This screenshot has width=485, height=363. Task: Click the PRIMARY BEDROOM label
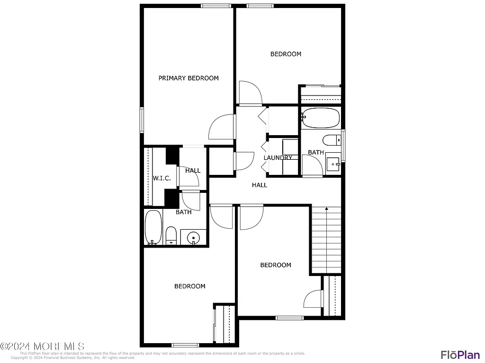(x=189, y=78)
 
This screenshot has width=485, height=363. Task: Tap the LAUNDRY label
(x=278, y=158)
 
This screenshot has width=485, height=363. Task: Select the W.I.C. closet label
(x=162, y=178)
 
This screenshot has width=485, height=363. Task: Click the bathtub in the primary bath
(x=153, y=227)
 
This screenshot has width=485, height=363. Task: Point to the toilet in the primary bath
(x=171, y=235)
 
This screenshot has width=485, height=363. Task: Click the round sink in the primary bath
(x=194, y=237)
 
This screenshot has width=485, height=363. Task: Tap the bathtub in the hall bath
(x=321, y=118)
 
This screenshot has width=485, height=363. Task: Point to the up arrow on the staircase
(x=326, y=208)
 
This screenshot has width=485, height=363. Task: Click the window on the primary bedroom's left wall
(x=142, y=120)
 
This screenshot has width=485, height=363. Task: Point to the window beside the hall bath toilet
(x=343, y=145)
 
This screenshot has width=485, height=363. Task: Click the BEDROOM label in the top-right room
(x=286, y=54)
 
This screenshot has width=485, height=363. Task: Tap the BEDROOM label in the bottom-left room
(x=189, y=286)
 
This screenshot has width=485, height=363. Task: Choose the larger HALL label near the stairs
(x=260, y=185)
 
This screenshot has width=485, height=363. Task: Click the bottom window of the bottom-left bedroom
(x=185, y=345)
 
